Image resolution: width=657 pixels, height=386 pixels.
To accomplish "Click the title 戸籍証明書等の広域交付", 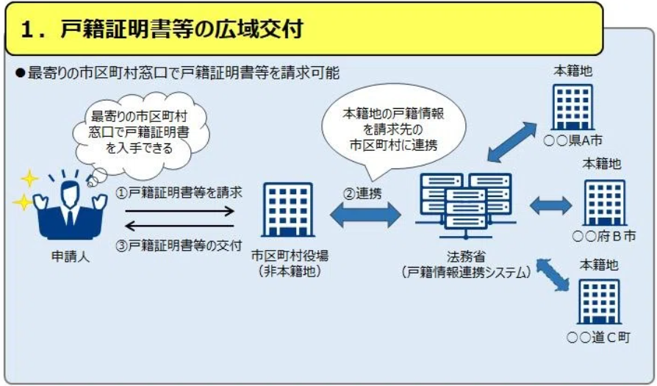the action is tap(182, 29).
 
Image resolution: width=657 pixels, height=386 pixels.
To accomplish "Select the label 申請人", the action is tap(71, 256).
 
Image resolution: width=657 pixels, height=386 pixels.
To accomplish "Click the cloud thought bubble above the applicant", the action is tap(140, 133).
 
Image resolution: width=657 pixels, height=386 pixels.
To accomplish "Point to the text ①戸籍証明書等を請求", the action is tap(179, 193).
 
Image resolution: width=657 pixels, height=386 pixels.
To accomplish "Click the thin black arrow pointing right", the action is tap(180, 211).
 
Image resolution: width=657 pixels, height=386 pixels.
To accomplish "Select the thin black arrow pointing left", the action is tap(180, 226).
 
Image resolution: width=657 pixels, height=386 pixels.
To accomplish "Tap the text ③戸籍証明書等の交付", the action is tap(179, 246).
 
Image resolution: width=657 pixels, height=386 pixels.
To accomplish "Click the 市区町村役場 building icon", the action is tap(288, 210).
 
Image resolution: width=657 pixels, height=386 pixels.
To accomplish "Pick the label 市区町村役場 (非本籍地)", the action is tap(290, 263).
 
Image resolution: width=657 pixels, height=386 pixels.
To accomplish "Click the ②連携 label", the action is tap(362, 193).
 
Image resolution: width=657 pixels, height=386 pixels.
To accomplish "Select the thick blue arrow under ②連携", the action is tap(365, 215).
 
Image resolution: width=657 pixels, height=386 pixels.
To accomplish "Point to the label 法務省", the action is tap(466, 256).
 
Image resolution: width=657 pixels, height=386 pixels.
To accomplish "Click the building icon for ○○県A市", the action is tap(572, 107).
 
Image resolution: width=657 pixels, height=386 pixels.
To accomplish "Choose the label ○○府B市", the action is tap(604, 236).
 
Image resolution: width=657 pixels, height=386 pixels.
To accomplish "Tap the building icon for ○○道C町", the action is tap(599, 301).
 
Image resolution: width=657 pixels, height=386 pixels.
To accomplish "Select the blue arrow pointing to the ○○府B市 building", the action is tap(550, 206).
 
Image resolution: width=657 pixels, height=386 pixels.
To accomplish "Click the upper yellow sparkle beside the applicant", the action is tap(29, 179).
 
